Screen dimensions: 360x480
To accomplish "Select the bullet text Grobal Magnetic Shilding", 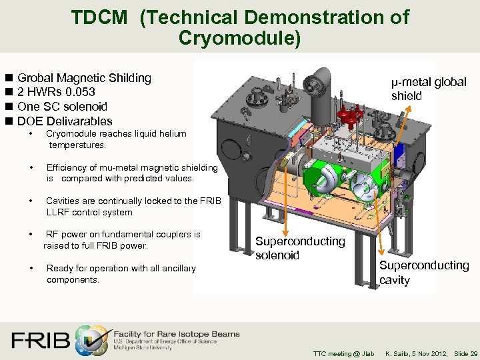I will pyautogui.click(x=84, y=78).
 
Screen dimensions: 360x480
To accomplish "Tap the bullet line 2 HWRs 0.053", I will pyautogui.click(x=56, y=92).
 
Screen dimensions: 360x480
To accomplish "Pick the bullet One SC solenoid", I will pyautogui.click(x=62, y=107).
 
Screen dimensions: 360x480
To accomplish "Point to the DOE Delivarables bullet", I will pyautogui.click(x=65, y=121).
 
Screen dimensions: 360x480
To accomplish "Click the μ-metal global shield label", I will pyautogui.click(x=429, y=89).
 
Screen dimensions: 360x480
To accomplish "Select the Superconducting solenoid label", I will pyautogui.click(x=300, y=248).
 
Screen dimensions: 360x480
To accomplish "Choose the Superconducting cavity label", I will pyautogui.click(x=424, y=273).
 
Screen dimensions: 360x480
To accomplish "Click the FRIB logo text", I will pyautogui.click(x=40, y=340).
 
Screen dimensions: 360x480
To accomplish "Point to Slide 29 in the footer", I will pyautogui.click(x=465, y=353).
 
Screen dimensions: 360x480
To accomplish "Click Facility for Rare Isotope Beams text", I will pyautogui.click(x=177, y=334).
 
